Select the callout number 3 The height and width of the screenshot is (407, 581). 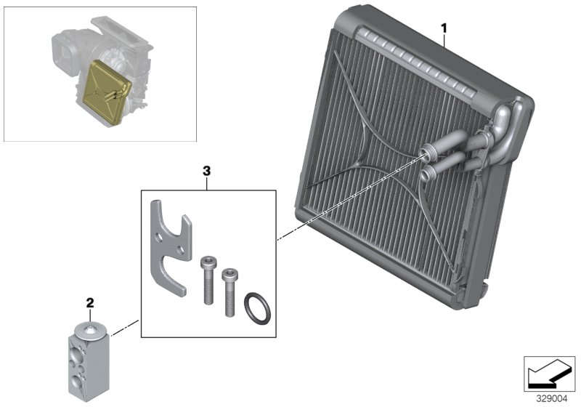pyautogui.click(x=207, y=171)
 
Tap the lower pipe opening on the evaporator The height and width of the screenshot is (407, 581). pyautogui.click(x=426, y=173)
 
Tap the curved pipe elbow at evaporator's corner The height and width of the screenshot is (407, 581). pyautogui.click(x=505, y=116)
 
